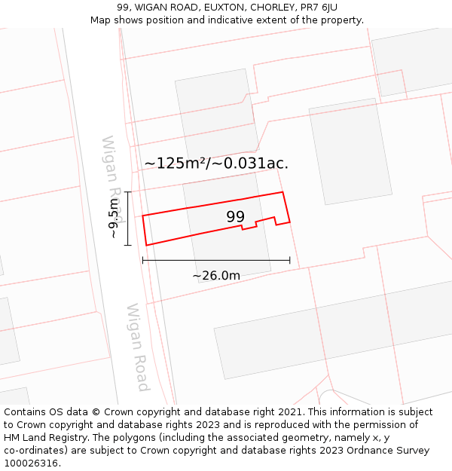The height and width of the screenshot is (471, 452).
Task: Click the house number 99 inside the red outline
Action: (236, 217)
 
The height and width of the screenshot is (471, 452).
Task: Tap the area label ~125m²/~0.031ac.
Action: (216, 164)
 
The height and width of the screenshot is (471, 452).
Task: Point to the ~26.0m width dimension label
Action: (216, 276)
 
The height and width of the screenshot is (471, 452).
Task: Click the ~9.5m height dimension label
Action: (113, 219)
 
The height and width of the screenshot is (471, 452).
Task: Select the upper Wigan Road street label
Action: (111, 170)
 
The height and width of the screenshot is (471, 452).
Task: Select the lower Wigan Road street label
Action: (137, 347)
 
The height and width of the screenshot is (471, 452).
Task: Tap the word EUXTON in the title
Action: (223, 8)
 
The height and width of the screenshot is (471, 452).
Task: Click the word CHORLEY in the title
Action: (271, 8)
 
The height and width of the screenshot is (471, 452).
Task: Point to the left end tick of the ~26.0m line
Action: (142, 261)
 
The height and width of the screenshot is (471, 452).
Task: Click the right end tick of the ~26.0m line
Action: (290, 261)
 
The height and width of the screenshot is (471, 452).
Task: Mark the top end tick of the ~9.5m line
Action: (128, 192)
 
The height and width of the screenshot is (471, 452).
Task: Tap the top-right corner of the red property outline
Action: (282, 192)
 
